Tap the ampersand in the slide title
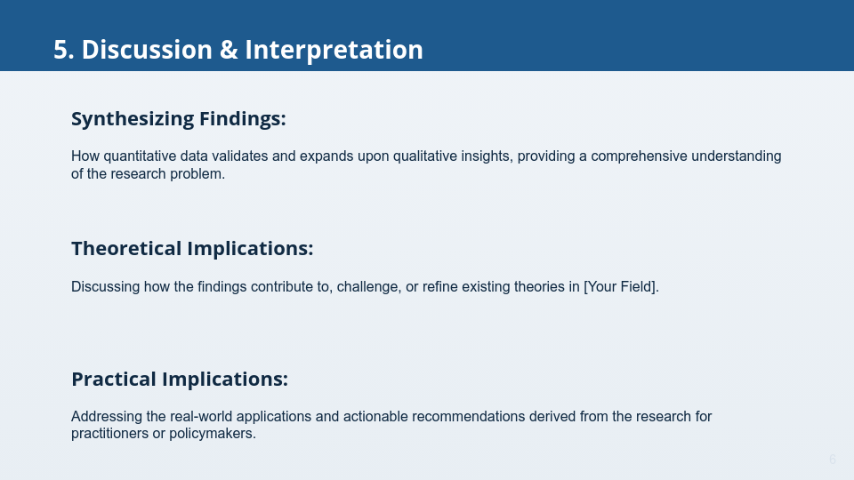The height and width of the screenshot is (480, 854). point(229,50)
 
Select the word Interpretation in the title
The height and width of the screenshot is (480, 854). point(334,51)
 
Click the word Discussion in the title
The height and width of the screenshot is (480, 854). point(147,50)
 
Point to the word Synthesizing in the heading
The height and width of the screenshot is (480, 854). point(133,119)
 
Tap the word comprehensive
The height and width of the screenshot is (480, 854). point(639,156)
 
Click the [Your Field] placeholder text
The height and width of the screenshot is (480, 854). point(621,287)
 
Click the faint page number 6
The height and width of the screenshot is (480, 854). point(833,460)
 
